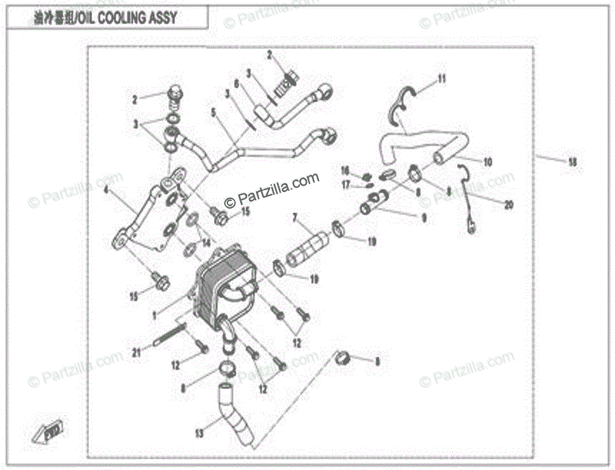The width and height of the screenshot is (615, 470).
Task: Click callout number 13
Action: tap(199, 434)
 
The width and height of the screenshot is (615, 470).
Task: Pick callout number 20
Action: tap(508, 205)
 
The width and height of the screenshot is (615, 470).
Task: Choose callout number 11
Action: tap(441, 79)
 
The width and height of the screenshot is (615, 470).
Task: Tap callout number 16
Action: tap(345, 170)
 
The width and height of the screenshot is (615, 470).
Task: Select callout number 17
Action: tap(346, 184)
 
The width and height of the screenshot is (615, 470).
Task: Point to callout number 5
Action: tap(213, 111)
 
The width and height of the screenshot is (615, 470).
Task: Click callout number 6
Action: tap(236, 83)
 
